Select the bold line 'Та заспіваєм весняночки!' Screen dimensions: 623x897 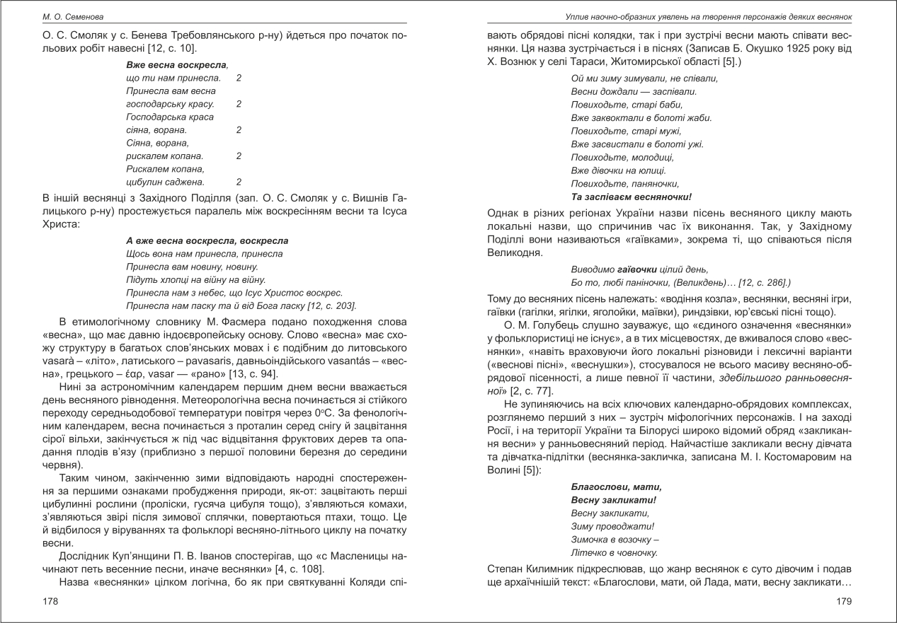pos(631,196)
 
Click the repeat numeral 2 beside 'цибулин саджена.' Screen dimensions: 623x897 pos(239,182)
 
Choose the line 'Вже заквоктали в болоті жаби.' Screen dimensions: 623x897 pos(641,117)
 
